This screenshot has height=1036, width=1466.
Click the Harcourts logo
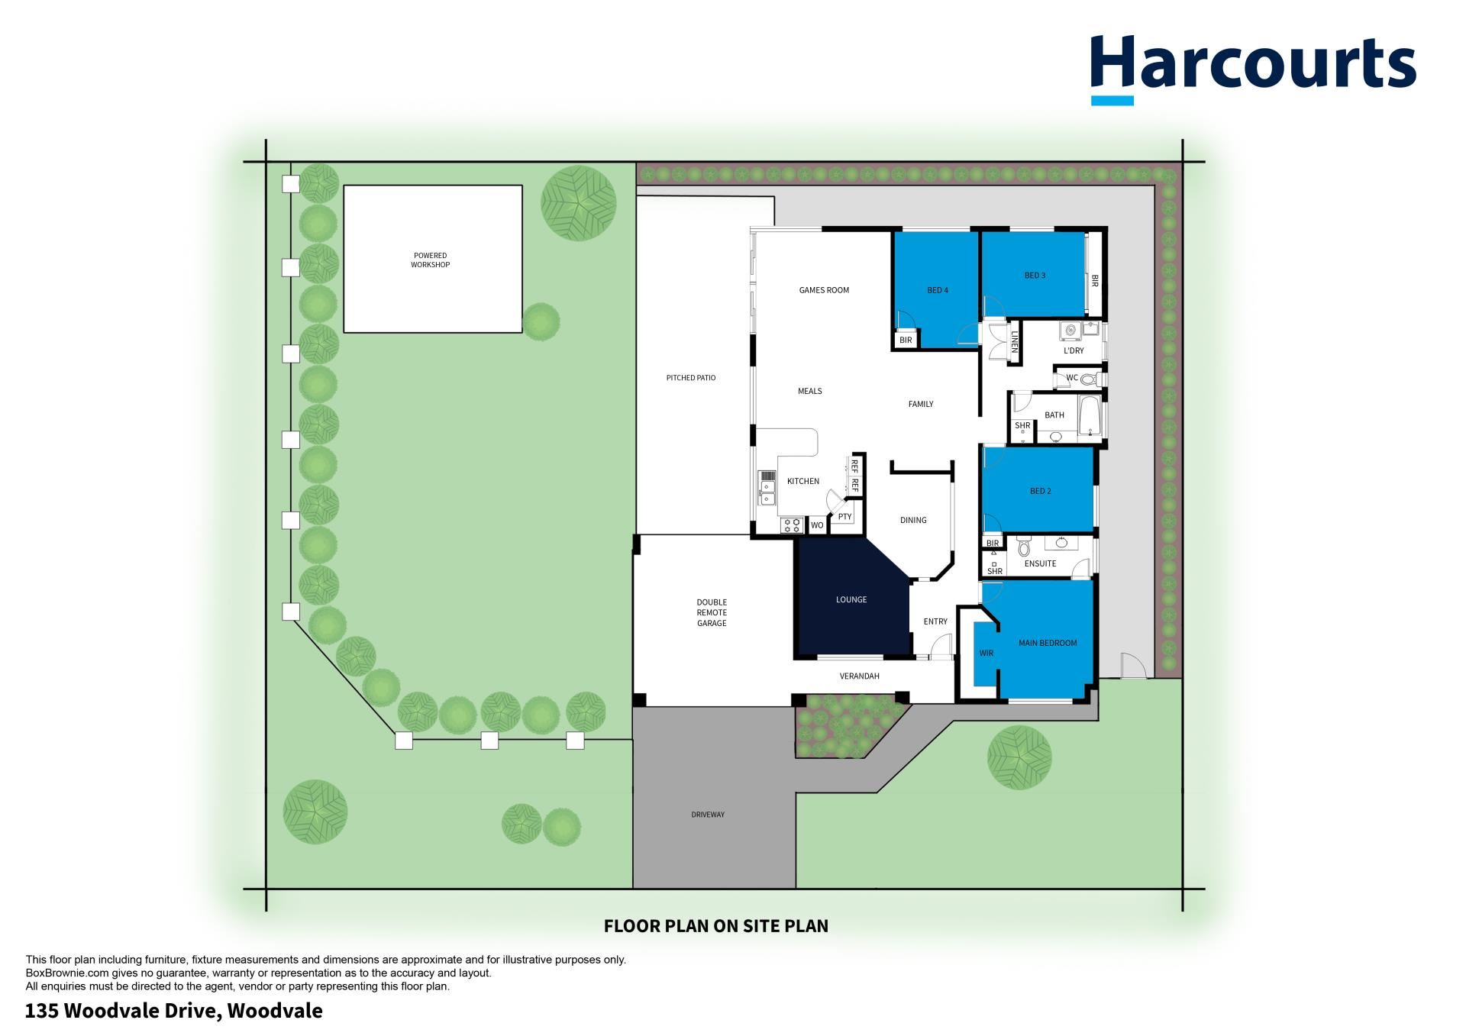click(x=1253, y=69)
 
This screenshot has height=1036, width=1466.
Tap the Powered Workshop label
click(x=431, y=260)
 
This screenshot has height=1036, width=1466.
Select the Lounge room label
click(x=851, y=599)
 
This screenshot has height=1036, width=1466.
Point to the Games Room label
click(x=824, y=290)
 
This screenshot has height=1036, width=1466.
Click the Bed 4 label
click(x=938, y=290)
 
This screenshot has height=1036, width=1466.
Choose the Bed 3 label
click(x=1035, y=276)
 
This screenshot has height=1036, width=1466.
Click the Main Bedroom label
click(x=1048, y=643)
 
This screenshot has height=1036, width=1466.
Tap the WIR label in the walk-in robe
click(x=986, y=654)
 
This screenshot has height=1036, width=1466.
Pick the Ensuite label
click(x=1040, y=563)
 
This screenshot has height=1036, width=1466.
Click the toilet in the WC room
click(x=1089, y=378)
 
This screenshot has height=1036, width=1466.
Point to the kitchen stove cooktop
click(x=791, y=525)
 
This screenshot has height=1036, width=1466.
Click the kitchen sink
click(x=767, y=489)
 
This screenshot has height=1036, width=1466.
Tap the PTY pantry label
click(x=844, y=517)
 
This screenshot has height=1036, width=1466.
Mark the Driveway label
click(x=708, y=815)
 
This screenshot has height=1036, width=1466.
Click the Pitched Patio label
click(x=691, y=378)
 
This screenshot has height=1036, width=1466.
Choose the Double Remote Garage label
click(x=712, y=613)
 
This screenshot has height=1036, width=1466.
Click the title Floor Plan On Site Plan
click(x=716, y=926)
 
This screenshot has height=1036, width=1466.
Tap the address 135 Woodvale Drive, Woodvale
click(x=174, y=1012)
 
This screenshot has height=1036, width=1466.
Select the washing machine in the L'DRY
click(x=1070, y=331)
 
